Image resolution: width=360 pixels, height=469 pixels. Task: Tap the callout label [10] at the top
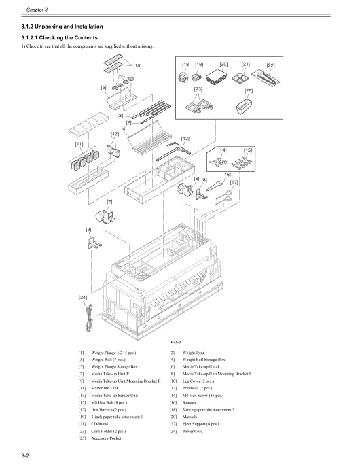pos(137,65)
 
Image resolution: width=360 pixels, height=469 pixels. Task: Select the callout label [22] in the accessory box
pos(270,65)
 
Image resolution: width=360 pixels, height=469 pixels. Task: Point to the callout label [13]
pos(185,139)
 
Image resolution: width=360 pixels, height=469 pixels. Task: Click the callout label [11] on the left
pos(79,144)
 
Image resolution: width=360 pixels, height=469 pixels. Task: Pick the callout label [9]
pos(88,230)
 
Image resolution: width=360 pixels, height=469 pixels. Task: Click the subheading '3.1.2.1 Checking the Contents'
pos(60,37)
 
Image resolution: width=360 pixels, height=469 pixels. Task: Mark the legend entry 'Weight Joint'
pos(198,353)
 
